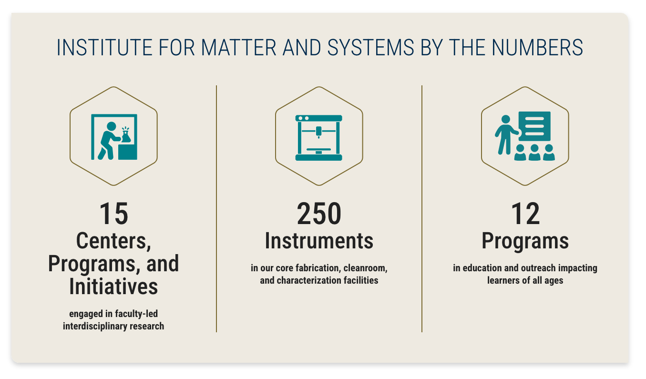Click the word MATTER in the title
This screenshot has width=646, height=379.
click(x=239, y=48)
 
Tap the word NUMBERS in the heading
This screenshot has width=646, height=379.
click(x=537, y=48)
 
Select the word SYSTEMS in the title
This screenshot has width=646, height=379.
click(x=371, y=48)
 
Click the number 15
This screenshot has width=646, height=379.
click(x=113, y=214)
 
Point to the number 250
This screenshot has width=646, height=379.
click(x=319, y=214)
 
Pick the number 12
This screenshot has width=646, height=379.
click(x=525, y=214)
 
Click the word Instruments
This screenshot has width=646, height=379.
click(x=319, y=241)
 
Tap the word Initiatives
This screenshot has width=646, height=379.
click(x=113, y=287)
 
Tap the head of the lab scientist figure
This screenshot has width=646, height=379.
click(x=111, y=126)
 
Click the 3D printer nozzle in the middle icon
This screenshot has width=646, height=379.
click(x=318, y=132)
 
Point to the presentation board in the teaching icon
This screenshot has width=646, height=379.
click(x=534, y=126)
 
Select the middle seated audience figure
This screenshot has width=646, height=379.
click(x=534, y=152)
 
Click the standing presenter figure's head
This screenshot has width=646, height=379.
click(x=506, y=119)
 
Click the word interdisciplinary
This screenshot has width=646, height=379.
click(x=94, y=327)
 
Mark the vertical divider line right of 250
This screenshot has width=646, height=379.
click(x=421, y=208)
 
